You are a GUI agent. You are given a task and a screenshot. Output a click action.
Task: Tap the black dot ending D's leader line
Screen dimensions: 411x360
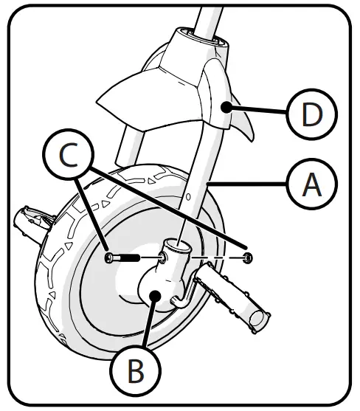click(x=230, y=108)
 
